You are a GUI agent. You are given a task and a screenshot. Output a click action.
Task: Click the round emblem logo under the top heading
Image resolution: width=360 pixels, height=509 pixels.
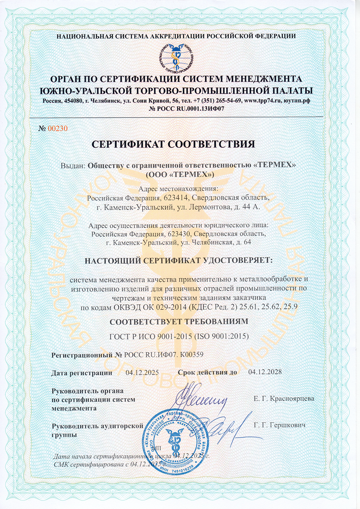[176, 58]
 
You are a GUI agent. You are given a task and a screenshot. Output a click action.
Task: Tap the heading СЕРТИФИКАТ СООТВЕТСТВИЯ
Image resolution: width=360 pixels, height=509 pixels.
[173, 144]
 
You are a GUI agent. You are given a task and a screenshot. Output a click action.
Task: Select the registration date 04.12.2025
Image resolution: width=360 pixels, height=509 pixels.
[142, 373]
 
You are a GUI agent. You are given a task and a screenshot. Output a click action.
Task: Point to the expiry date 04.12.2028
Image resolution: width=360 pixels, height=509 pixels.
[265, 372]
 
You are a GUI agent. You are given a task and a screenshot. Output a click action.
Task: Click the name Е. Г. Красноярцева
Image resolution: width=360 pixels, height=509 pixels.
[284, 398]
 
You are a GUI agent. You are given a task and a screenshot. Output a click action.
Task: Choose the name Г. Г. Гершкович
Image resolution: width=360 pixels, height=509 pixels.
[280, 425]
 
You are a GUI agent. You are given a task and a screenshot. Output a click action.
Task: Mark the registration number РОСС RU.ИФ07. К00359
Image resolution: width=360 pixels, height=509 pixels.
[164, 355]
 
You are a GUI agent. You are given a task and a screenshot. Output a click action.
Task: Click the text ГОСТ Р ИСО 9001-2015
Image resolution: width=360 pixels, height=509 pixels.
[150, 337]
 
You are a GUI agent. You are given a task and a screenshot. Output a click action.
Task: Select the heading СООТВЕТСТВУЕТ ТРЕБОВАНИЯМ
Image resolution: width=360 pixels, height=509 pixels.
[179, 321]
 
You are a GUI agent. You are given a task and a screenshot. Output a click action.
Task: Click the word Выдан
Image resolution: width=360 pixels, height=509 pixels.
[73, 166]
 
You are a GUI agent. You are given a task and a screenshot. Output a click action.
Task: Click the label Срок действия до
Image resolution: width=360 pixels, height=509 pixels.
[207, 373]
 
